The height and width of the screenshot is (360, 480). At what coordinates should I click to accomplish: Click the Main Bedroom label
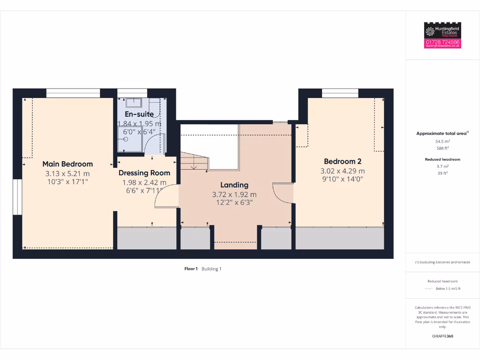(67, 164)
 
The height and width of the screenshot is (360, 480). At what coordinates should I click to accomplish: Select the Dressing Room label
(144, 173)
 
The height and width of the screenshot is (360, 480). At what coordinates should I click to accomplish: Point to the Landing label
(235, 185)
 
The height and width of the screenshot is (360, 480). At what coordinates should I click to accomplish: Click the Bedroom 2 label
(342, 162)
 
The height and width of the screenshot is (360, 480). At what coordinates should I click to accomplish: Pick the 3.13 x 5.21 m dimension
(67, 173)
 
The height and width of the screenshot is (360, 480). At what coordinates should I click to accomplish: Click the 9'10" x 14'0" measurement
(342, 179)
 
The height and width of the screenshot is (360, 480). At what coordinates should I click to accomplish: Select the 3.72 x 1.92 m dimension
(235, 194)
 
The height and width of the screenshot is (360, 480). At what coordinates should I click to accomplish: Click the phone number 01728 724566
(442, 42)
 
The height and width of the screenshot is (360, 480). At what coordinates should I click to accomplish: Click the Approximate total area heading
(442, 134)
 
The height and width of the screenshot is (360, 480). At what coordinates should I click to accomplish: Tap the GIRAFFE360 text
(442, 336)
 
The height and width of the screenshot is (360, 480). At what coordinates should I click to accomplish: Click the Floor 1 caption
(191, 269)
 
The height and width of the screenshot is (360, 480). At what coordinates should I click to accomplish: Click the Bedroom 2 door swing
(284, 192)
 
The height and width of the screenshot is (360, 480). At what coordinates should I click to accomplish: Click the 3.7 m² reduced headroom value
(442, 166)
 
